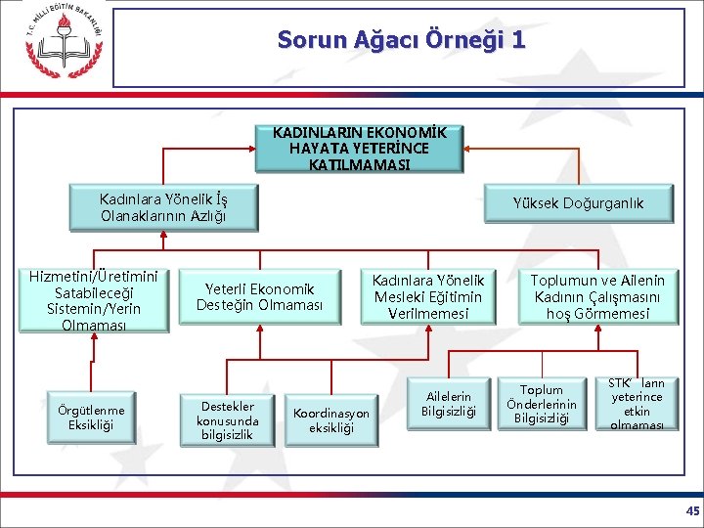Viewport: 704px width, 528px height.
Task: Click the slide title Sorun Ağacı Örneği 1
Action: [401, 40]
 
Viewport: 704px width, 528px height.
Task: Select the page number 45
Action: [692, 511]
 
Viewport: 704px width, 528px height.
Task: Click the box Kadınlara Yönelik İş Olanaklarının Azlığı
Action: [163, 207]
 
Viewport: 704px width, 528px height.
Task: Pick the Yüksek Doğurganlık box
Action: [579, 203]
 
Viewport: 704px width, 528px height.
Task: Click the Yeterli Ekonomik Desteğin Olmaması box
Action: [259, 297]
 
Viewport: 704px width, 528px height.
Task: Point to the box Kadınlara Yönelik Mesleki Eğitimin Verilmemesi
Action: [427, 297]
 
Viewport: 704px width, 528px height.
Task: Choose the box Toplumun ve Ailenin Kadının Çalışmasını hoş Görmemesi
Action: [598, 297]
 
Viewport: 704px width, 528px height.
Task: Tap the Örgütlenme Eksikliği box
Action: [90, 418]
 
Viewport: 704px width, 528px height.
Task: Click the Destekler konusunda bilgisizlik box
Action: [228, 420]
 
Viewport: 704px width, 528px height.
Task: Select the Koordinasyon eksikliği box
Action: [331, 420]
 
